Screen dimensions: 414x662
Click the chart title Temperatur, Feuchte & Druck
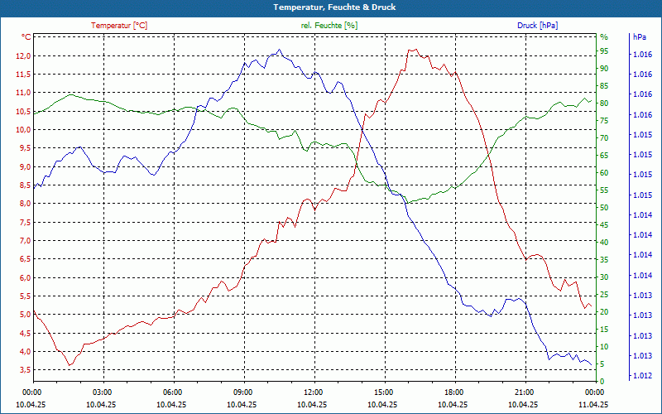click(x=331, y=7)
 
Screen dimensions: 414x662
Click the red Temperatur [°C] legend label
click(x=119, y=26)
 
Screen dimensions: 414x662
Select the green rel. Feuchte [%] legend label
click(x=329, y=26)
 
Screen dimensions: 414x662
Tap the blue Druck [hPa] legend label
click(x=537, y=26)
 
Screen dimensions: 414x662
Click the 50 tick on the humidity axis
click(x=604, y=208)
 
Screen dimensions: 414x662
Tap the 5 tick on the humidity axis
click(x=602, y=364)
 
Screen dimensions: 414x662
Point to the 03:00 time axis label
click(x=103, y=391)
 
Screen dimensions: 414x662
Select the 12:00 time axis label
click(x=314, y=391)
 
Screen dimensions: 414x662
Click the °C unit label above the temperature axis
click(x=26, y=37)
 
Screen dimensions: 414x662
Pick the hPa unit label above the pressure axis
click(x=639, y=37)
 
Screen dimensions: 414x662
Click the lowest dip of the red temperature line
click(x=70, y=365)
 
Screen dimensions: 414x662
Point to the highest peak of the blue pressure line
click(x=280, y=50)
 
